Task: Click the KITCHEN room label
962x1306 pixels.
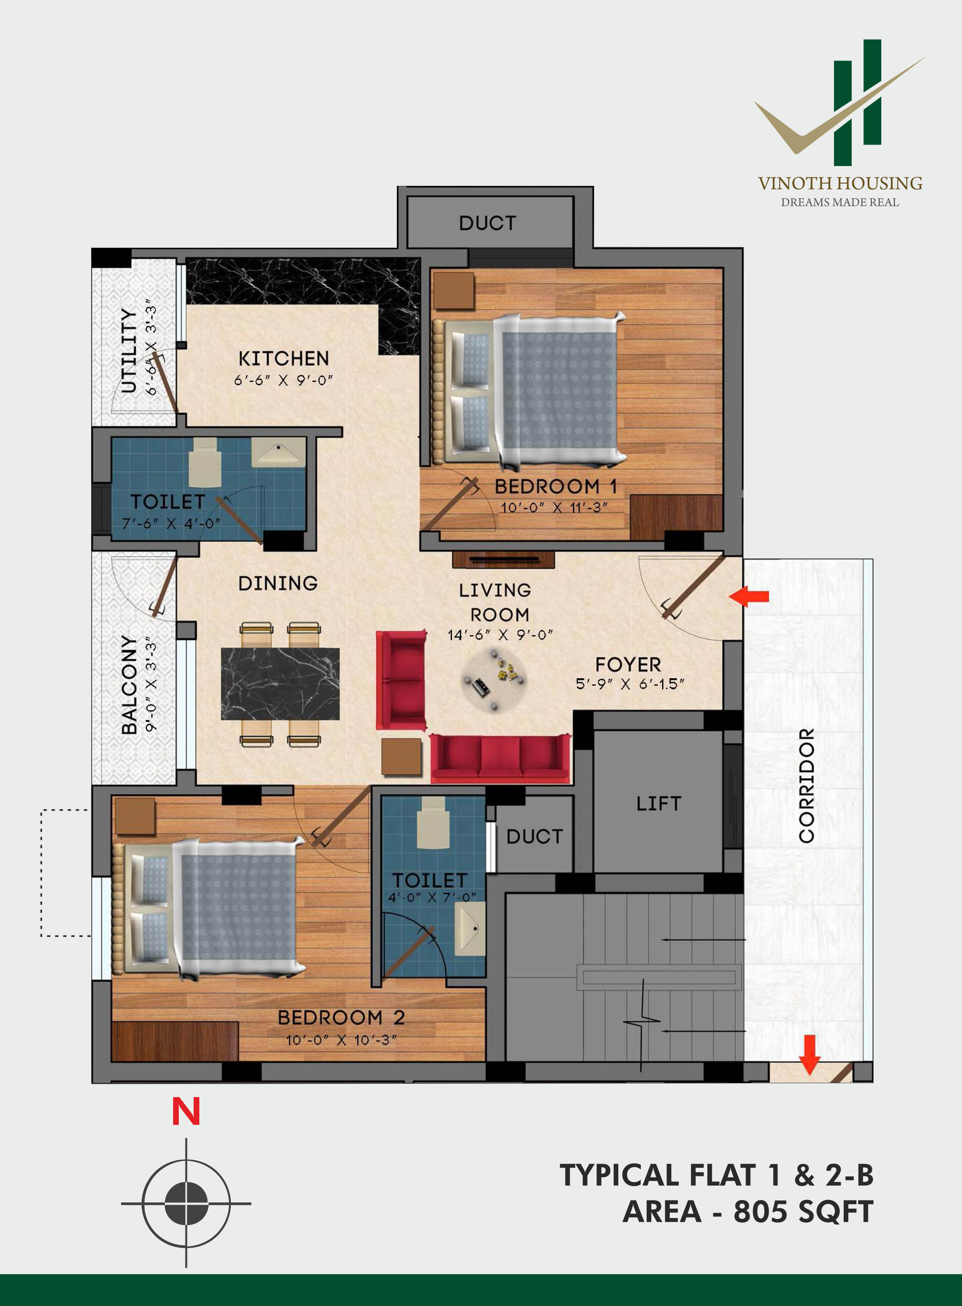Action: coord(284,358)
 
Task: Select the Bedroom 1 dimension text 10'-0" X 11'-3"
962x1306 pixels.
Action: coord(554,508)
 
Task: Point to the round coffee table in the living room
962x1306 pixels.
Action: coord(494,680)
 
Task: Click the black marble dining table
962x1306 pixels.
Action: coord(280,683)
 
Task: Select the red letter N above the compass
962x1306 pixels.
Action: coord(186,1112)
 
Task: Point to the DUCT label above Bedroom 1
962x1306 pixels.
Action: coord(488,223)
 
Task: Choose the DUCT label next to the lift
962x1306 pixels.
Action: coord(535,837)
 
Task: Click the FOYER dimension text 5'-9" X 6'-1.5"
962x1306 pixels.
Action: coord(630,684)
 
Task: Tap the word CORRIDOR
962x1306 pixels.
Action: coord(806,785)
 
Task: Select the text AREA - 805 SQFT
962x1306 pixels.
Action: coord(748,1212)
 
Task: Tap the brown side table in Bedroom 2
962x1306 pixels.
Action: coord(135,816)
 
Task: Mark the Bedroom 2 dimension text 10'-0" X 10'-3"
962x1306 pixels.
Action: coord(341,1040)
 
